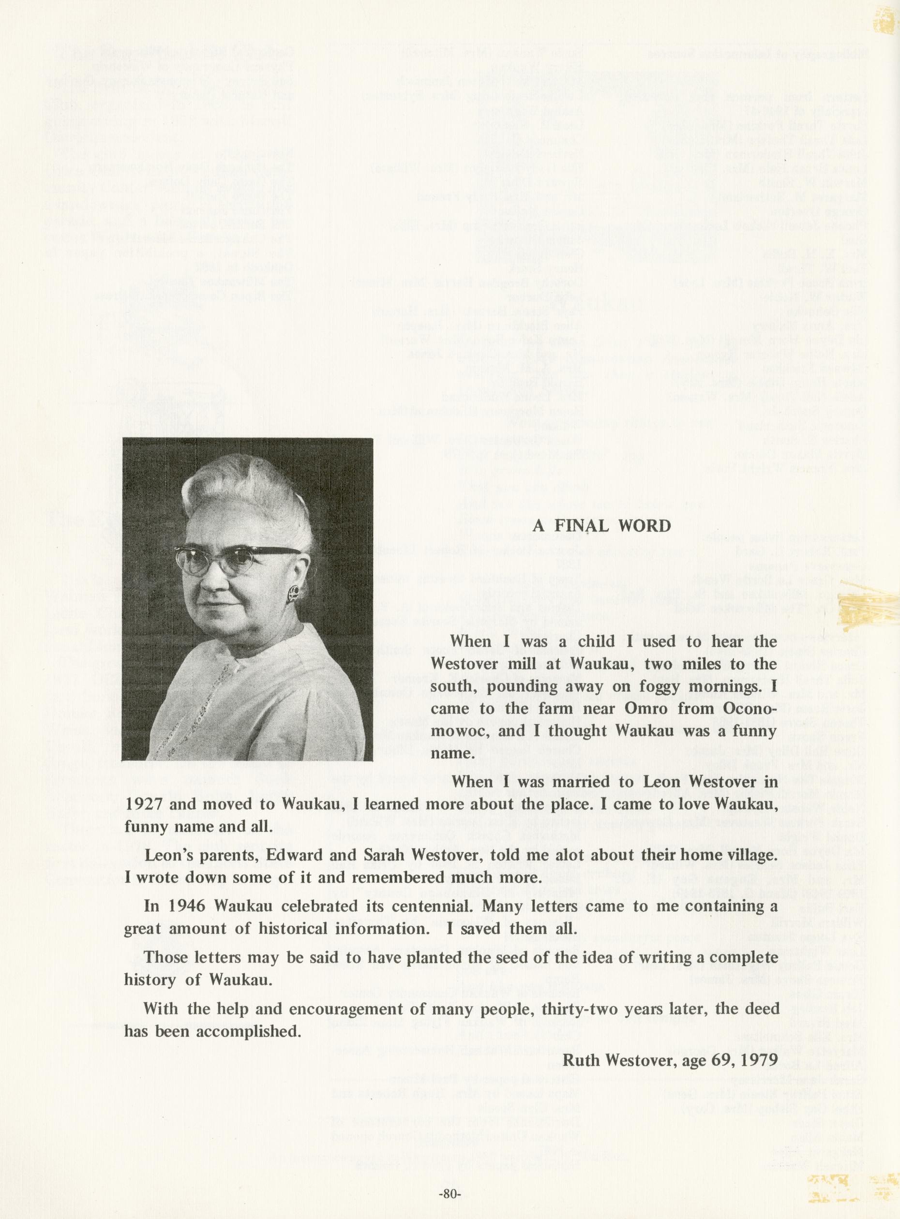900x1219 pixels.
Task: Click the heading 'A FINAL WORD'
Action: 601,526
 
